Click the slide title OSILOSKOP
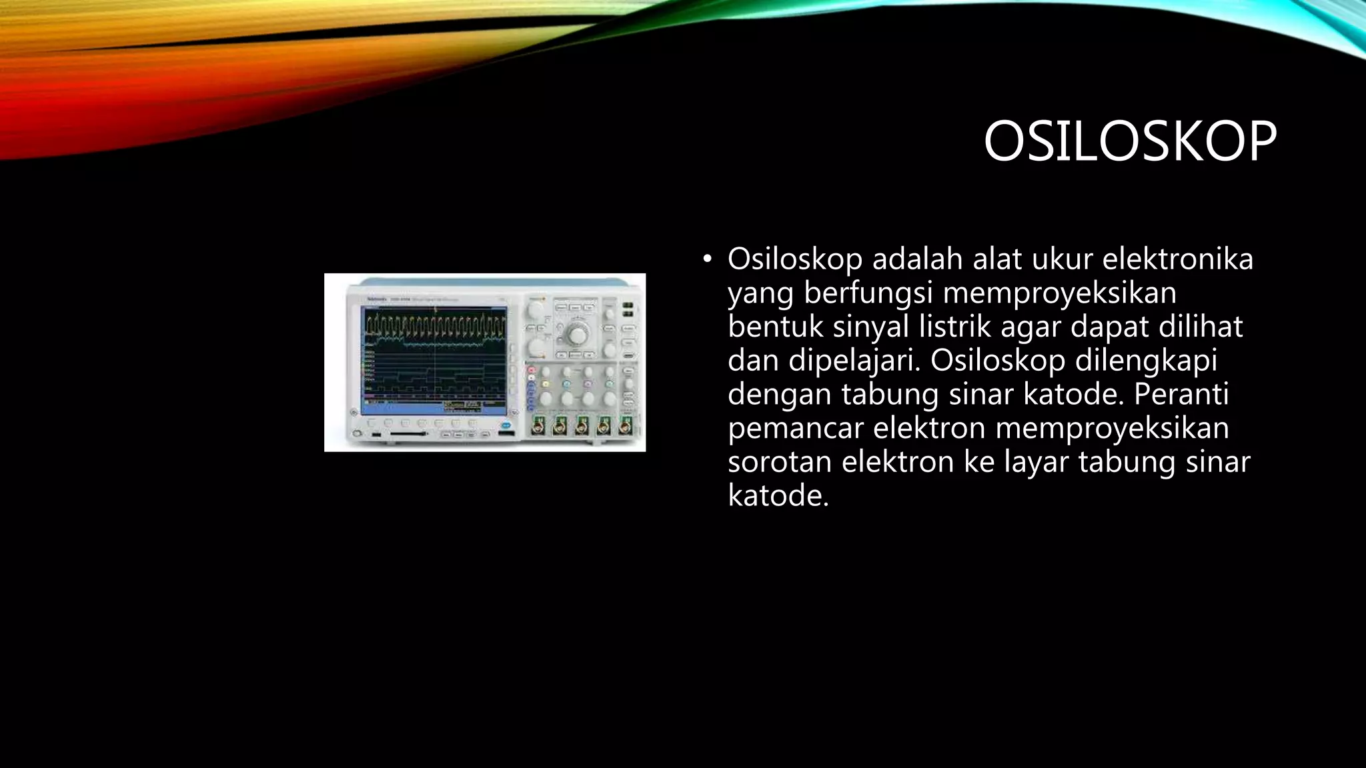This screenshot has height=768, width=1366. [1129, 142]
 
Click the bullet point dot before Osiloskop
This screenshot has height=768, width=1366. [707, 259]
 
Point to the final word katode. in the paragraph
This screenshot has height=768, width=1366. [778, 495]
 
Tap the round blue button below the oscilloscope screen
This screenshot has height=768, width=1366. [506, 424]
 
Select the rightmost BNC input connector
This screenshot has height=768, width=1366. [625, 425]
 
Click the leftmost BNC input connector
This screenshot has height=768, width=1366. [538, 425]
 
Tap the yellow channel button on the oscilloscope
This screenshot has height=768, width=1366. [545, 384]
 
